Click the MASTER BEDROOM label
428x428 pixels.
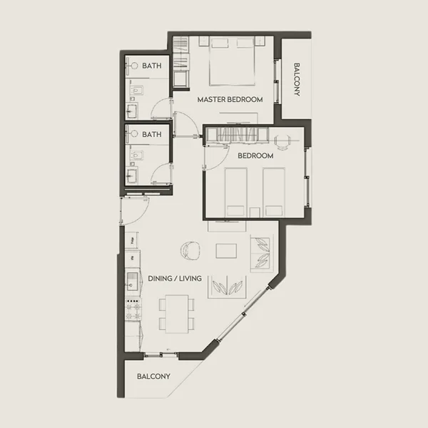coord(230,100)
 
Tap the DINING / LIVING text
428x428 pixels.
coord(175,278)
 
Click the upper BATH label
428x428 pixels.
coord(151,66)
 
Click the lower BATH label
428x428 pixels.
coord(151,134)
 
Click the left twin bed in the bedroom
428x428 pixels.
coord(236,190)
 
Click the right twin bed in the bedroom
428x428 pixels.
coord(272,190)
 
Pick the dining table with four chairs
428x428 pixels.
coord(175,312)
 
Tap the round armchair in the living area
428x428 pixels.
coord(192,250)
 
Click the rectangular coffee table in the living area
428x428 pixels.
coord(228,252)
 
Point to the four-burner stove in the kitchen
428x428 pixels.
coord(133,308)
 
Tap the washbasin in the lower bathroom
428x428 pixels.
coord(133,175)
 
